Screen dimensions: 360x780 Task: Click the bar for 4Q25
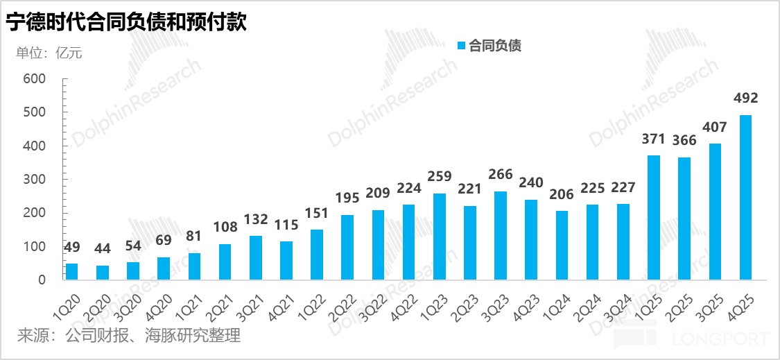[745, 198]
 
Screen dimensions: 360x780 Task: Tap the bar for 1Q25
[654, 218]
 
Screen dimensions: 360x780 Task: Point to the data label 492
[745, 98]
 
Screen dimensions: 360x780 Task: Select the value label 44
[103, 248]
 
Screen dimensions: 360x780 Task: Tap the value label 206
[562, 194]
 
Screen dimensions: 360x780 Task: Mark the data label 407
[715, 127]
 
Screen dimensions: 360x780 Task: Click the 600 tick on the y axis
[34, 79]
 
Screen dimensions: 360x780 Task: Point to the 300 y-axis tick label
[34, 180]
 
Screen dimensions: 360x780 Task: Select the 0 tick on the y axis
[41, 280]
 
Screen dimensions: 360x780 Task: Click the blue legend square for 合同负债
[461, 46]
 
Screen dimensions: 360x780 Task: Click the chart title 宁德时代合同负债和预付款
[128, 23]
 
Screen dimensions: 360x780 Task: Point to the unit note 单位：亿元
[49, 53]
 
